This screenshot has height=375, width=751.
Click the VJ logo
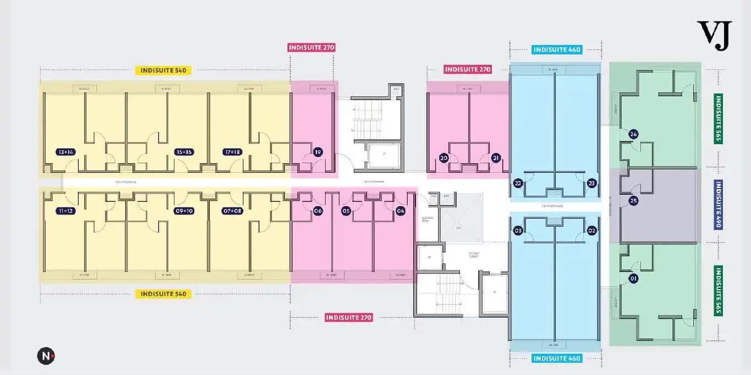[x=714, y=36]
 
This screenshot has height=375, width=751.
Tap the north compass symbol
[x=46, y=356]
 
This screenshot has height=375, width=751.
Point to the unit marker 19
[x=317, y=152]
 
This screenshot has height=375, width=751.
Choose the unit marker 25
[x=633, y=201]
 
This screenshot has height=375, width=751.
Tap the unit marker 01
[x=633, y=279]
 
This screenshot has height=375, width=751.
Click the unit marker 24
[x=633, y=134]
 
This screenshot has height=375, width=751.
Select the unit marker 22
[x=518, y=183]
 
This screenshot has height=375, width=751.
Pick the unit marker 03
[x=518, y=230]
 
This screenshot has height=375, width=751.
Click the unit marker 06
[x=317, y=211]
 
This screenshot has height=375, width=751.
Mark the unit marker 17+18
[x=232, y=152]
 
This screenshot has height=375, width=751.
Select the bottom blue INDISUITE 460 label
[x=557, y=359]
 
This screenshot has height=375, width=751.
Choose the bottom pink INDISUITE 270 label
[x=349, y=317]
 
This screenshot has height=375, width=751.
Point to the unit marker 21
[x=495, y=158]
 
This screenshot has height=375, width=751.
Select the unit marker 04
[x=401, y=211]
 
